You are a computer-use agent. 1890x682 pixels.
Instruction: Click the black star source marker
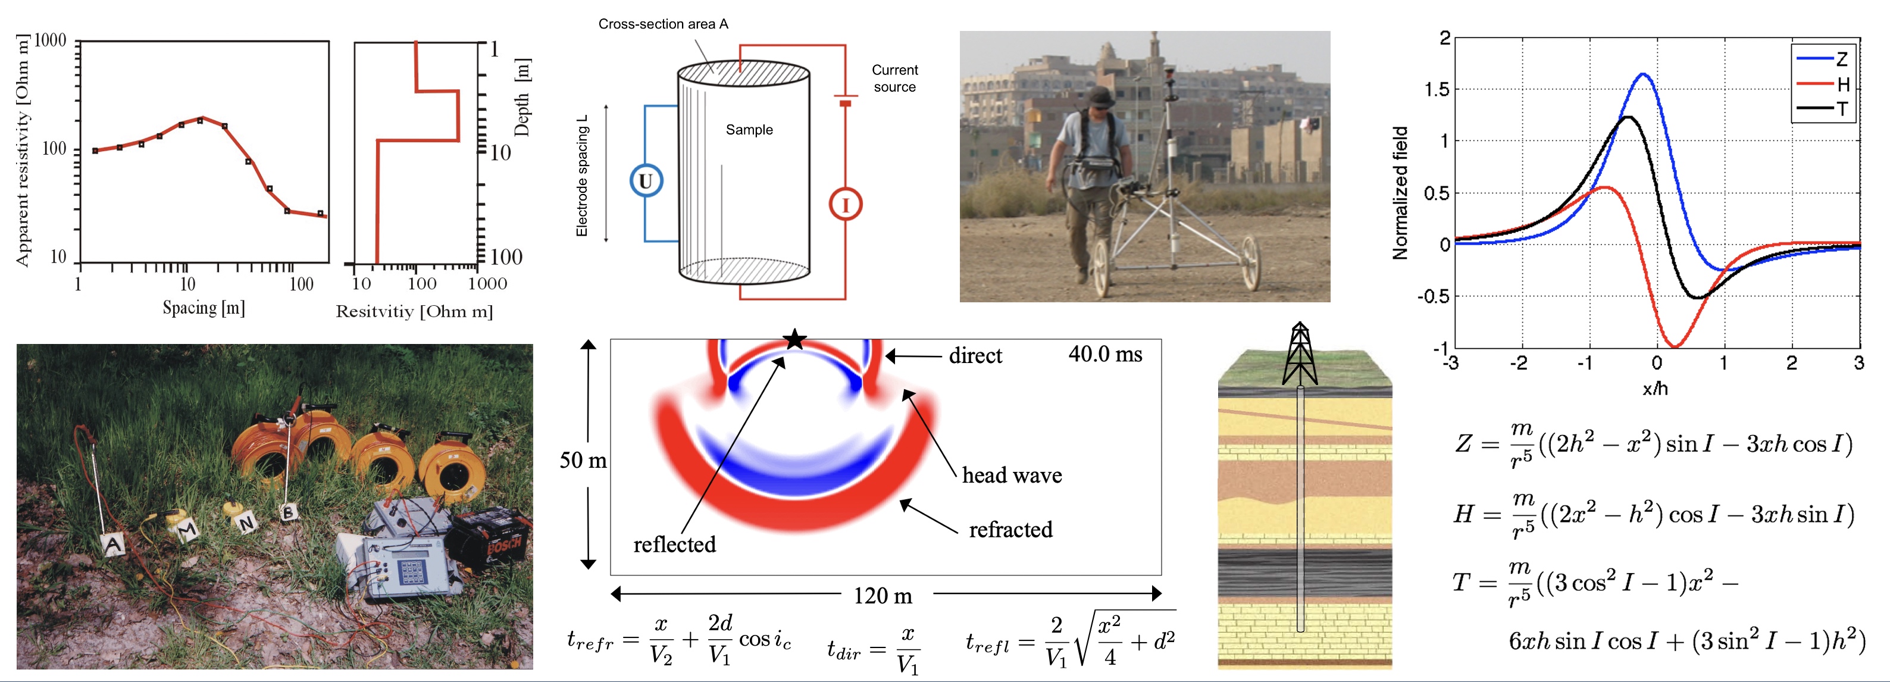pyautogui.click(x=794, y=340)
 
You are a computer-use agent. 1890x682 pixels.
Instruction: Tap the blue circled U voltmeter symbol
pyautogui.click(x=646, y=181)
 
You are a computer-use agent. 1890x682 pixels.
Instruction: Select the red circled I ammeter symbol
pyautogui.click(x=845, y=205)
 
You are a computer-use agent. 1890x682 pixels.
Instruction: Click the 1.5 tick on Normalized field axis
pyautogui.click(x=1437, y=89)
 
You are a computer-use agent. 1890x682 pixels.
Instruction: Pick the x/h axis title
pyautogui.click(x=1655, y=389)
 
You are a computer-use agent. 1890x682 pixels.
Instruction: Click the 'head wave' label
pyautogui.click(x=1012, y=475)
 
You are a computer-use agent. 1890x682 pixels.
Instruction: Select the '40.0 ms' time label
pyautogui.click(x=1105, y=354)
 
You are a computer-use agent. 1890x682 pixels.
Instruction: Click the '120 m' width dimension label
pyautogui.click(x=883, y=596)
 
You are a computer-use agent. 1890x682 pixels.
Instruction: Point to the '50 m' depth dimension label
pyautogui.click(x=583, y=460)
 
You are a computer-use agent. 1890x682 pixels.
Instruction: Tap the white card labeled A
pyautogui.click(x=113, y=544)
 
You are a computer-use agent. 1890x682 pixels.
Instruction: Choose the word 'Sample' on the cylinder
pyautogui.click(x=749, y=130)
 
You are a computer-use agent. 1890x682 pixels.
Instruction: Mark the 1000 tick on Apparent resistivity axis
pyautogui.click(x=51, y=40)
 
